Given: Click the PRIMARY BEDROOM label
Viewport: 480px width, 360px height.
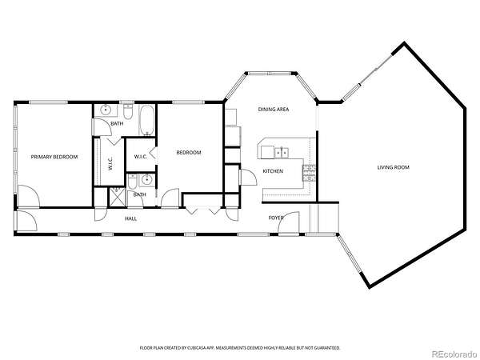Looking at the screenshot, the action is click(54, 157).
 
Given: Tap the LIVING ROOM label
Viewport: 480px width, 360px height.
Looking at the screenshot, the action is click(393, 167).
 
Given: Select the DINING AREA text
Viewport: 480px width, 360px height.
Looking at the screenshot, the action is click(274, 110).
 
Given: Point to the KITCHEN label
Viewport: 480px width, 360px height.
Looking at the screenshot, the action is click(273, 171).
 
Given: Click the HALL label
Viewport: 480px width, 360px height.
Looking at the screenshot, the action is click(130, 218).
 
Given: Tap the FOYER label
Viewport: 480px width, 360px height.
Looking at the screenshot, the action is click(276, 218).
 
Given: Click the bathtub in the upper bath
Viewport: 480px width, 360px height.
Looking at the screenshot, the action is click(147, 120).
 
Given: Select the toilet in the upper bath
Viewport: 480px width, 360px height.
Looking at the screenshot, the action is click(128, 112).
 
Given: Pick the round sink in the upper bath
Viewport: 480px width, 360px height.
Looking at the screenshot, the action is click(106, 110).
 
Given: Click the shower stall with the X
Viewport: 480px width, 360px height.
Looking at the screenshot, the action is click(118, 197).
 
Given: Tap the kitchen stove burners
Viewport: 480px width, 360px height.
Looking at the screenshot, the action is click(309, 173).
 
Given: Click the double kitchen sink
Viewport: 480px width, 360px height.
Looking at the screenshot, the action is click(282, 152).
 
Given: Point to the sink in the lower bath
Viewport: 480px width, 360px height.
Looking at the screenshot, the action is click(147, 179).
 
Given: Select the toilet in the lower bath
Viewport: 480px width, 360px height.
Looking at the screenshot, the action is click(132, 182).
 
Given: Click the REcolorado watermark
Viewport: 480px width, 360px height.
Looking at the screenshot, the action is click(454, 354).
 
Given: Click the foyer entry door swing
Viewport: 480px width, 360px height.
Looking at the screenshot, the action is click(289, 222).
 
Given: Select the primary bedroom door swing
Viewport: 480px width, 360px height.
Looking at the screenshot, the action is click(29, 196).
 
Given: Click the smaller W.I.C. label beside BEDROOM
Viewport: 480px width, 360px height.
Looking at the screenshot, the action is click(141, 157).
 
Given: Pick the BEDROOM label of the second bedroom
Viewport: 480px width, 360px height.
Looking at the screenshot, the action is click(189, 153).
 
